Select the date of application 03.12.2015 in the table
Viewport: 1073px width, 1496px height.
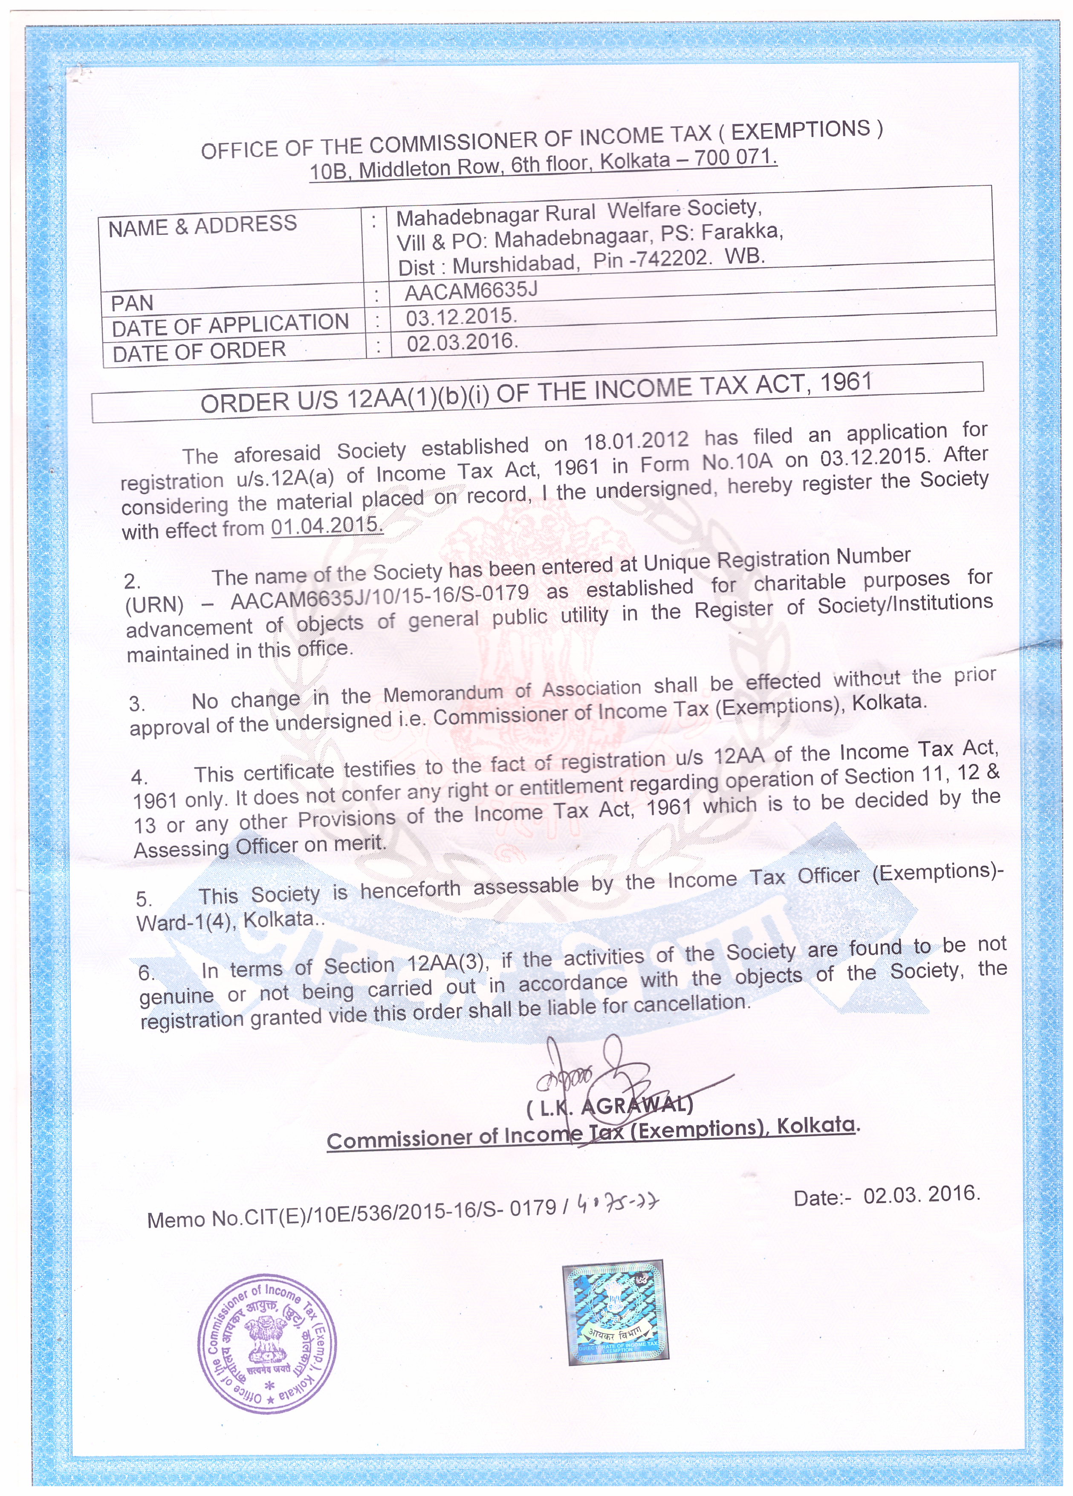[460, 317]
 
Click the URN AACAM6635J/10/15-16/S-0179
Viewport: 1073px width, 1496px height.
[379, 597]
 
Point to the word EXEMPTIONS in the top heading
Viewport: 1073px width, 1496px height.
[801, 130]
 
